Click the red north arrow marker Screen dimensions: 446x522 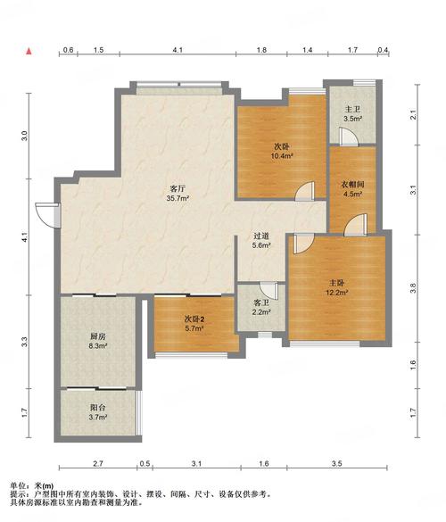point(29,51)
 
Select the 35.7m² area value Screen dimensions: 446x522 point(178,199)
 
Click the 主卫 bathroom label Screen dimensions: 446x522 point(352,109)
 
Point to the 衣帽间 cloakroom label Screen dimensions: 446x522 point(352,184)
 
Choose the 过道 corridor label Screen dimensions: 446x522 point(261,236)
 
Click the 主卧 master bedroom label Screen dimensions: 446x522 point(336,283)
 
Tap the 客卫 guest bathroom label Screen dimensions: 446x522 point(261,302)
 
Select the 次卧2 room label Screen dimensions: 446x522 point(194,319)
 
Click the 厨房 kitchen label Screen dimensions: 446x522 point(97,336)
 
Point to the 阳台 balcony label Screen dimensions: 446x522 point(97,407)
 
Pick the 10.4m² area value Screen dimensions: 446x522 point(282,155)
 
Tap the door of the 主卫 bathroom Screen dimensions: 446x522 point(349,137)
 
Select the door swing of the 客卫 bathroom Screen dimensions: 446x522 point(268,290)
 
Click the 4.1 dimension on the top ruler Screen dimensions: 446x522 point(178,50)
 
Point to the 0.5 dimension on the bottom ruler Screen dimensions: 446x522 point(145,463)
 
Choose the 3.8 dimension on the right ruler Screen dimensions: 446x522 point(413,288)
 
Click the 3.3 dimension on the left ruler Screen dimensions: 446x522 point(24,343)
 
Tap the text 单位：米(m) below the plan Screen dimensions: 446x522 point(32,486)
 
